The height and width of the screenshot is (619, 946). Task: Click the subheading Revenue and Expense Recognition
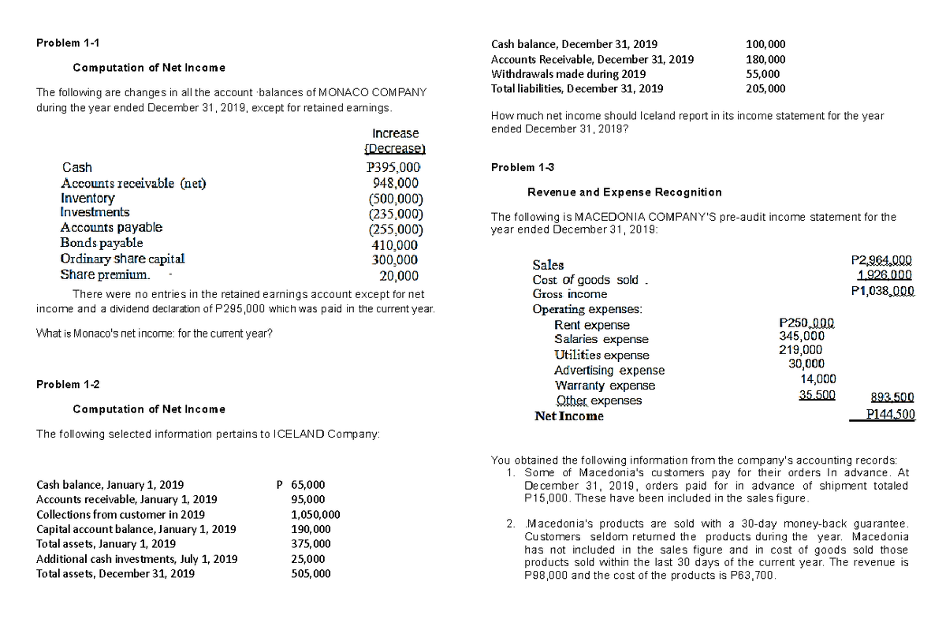pyautogui.click(x=624, y=192)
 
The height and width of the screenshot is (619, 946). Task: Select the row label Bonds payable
pyautogui.click(x=102, y=242)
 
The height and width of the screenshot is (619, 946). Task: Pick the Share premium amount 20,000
pyautogui.click(x=399, y=275)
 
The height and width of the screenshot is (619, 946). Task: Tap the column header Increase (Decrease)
pyautogui.click(x=394, y=140)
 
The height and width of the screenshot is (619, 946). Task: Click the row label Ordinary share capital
pyautogui.click(x=122, y=258)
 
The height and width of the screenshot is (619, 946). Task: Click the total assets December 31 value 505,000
pyautogui.click(x=311, y=574)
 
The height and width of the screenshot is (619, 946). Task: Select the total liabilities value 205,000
pyautogui.click(x=765, y=88)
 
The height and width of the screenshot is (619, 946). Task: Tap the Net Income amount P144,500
pyautogui.click(x=889, y=416)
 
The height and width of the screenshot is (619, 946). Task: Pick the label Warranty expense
pyautogui.click(x=605, y=386)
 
